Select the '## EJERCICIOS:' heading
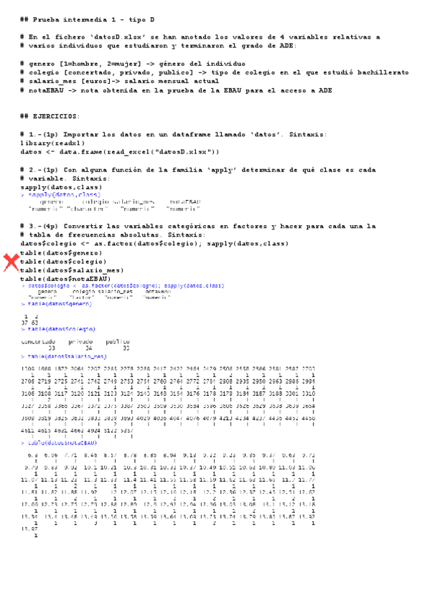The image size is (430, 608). [x=50, y=116]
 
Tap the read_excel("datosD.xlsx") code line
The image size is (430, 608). [x=119, y=151]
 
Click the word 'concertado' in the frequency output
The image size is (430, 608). [x=38, y=341]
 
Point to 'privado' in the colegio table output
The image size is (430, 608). [x=80, y=341]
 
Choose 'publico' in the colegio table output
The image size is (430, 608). [x=118, y=341]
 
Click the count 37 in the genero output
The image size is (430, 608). [x=26, y=322]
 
